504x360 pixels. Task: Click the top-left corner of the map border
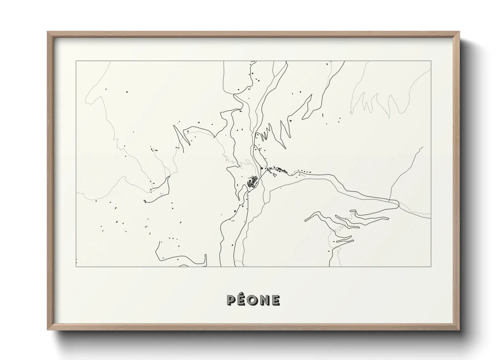(x=76, y=61)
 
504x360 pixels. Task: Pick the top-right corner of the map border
(x=431, y=61)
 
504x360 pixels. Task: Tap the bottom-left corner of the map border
(x=76, y=266)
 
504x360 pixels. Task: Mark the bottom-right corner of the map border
(x=431, y=266)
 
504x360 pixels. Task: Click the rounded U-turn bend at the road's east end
(x=398, y=204)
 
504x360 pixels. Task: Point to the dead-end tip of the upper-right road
(x=423, y=147)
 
